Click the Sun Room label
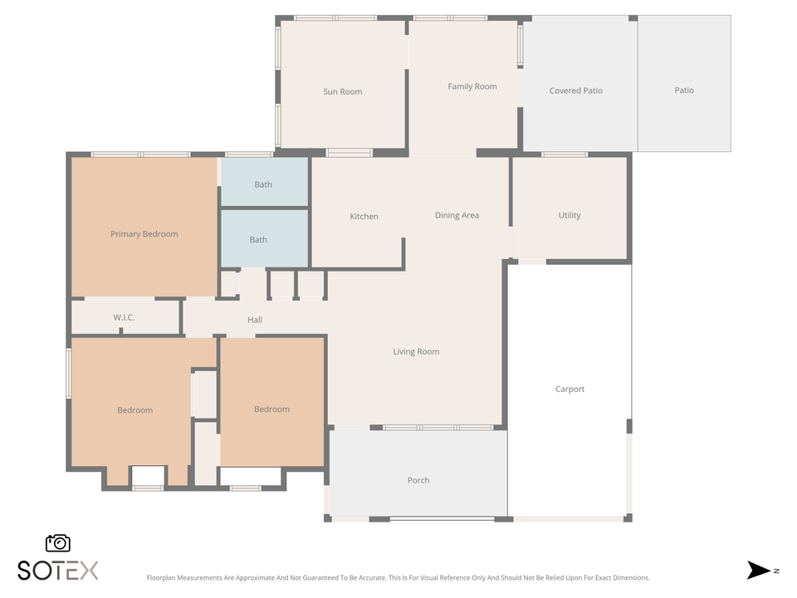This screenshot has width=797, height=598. pos(342,91)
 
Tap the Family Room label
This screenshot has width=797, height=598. pos(472,86)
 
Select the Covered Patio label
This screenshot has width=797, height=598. pos(575,91)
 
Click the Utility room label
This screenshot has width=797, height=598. pos(569,215)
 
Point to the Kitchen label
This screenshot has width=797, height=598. pos(364,216)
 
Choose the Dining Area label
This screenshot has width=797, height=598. pos(457,215)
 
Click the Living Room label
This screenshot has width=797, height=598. pos(416,351)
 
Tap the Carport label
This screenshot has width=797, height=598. pos(570,389)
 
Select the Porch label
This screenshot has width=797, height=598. pos(418,480)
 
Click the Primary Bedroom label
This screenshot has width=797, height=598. pos(144,233)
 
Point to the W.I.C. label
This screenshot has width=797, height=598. pos(124,318)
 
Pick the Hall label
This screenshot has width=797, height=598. pos(255,320)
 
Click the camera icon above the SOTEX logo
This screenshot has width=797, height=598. pos(58,542)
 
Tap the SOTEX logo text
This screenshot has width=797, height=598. pos(58,571)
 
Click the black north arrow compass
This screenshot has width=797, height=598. pos(759,571)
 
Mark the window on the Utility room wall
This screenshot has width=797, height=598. pos(565,154)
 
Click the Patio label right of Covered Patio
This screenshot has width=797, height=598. pos(683,91)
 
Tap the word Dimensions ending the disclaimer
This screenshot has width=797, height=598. pos(630,577)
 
